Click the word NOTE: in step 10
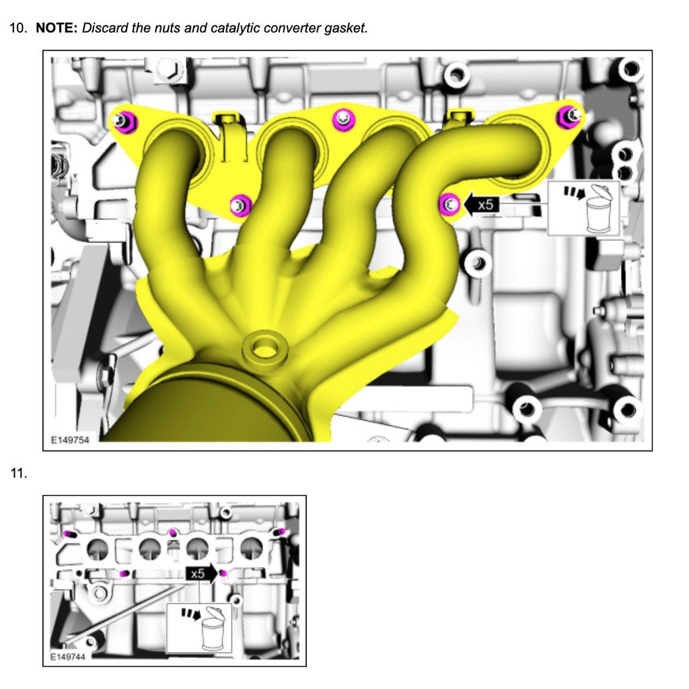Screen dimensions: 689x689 click(57, 28)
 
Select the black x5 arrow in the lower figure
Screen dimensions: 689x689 click(201, 573)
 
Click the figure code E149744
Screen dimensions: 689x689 click(67, 656)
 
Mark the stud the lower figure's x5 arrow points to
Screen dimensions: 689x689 click(223, 573)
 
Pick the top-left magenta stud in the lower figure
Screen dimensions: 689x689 click(68, 534)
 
